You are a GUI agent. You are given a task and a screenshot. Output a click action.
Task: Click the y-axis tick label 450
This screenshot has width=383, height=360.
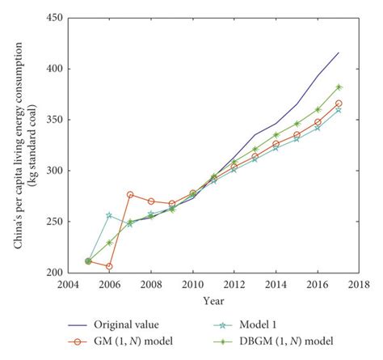tap(55, 18)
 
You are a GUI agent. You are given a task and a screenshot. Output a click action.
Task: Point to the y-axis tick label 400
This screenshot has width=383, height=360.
tap(55, 69)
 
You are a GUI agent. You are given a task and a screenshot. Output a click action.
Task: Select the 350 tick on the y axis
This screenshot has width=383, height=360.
tap(55, 120)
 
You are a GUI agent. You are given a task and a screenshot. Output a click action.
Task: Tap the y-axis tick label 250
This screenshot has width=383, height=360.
tap(55, 221)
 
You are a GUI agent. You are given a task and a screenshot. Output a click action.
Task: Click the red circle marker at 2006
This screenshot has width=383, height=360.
tap(109, 266)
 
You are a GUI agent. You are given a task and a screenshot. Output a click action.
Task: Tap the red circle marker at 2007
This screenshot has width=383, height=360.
tap(130, 194)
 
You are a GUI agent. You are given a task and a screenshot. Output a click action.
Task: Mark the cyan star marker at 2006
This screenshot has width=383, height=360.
tap(109, 215)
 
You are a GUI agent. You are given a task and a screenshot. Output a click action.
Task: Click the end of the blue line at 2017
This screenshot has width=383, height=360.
tap(339, 53)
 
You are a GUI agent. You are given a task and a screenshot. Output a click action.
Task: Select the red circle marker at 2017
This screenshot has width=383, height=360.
tap(339, 104)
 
